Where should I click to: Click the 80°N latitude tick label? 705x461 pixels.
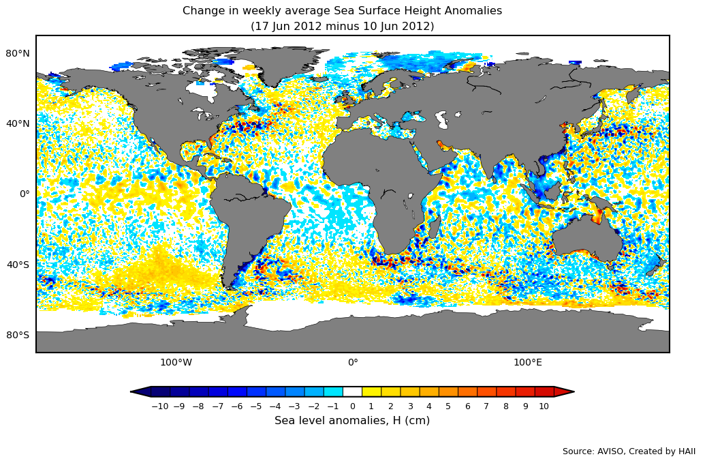[18, 53]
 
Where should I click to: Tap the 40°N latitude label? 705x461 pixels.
[18, 123]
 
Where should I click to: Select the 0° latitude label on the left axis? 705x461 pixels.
[24, 194]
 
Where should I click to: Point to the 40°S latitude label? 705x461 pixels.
[18, 265]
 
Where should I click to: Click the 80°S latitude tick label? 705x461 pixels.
[18, 335]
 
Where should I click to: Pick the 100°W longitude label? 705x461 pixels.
[176, 362]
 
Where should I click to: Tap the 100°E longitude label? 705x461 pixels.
[528, 362]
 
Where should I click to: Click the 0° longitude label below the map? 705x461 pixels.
[353, 362]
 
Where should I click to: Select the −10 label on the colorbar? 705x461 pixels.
[159, 406]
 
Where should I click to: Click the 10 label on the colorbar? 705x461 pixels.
[544, 406]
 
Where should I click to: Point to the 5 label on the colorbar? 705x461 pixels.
[448, 406]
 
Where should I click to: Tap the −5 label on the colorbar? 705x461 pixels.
[255, 406]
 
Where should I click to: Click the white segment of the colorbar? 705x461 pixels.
[352, 391]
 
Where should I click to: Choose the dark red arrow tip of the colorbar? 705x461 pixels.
[564, 391]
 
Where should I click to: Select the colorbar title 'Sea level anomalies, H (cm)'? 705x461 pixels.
[352, 421]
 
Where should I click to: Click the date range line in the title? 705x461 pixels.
[342, 27]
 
